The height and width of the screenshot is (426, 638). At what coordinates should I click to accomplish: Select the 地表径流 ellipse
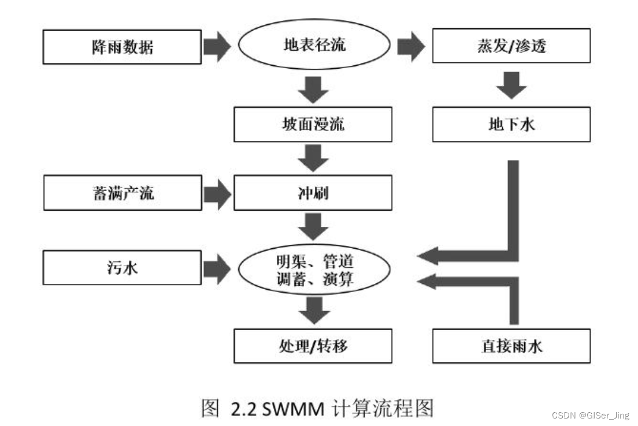[314, 46]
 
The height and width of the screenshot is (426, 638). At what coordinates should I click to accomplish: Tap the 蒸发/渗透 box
[511, 46]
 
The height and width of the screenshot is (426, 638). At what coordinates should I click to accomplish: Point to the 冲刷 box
[313, 193]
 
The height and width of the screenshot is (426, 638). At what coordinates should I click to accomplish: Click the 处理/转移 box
[313, 346]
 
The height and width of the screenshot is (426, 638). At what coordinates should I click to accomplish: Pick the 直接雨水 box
[511, 346]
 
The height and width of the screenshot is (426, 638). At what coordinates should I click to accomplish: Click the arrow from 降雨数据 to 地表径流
[217, 47]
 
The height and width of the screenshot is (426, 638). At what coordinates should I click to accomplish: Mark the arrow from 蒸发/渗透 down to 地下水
[511, 85]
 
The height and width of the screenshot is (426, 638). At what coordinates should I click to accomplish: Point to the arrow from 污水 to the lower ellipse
[217, 270]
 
